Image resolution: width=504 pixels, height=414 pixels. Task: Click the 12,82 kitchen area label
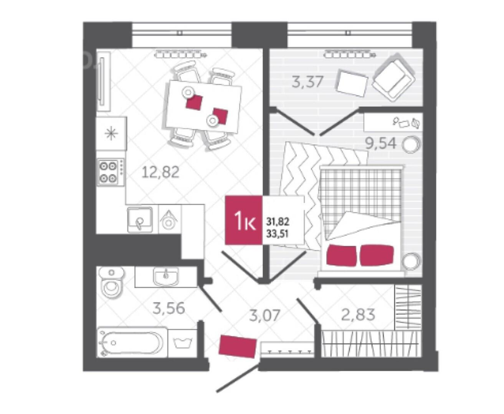[161, 172]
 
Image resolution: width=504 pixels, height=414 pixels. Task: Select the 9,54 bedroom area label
[381, 143]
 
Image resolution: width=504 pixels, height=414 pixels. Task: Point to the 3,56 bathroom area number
[169, 308]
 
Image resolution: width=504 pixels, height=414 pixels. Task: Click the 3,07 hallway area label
[265, 316]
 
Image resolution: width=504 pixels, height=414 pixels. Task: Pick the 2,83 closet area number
[358, 315]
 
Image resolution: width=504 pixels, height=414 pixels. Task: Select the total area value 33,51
[277, 234]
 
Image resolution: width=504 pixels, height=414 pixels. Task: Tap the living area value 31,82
[278, 221]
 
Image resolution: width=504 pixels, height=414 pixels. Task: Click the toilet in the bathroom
[112, 283]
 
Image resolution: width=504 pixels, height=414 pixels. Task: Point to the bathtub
[132, 342]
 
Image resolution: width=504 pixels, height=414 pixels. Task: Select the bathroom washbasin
[165, 276]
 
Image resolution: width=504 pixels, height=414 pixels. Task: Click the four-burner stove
[111, 172]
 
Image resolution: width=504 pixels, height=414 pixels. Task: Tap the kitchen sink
[140, 220]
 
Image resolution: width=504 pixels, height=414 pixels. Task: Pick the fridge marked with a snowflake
[111, 133]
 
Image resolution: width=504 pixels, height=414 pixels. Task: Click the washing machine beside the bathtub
[182, 343]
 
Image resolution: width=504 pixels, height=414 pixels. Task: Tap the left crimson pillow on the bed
[341, 255]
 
